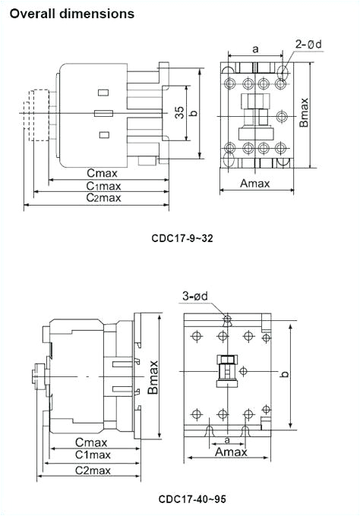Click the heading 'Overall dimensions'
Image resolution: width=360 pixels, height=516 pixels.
72,14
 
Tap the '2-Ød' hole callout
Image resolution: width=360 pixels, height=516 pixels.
308,44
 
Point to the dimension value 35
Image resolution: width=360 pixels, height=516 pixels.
178,113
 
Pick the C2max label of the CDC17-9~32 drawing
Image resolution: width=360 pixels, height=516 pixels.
103,198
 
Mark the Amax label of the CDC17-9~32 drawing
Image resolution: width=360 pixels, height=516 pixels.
256,184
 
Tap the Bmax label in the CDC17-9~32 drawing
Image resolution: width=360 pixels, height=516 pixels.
304,112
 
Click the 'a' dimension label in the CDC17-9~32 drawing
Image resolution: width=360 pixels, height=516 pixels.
255,49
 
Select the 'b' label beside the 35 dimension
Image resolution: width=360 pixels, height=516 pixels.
194,113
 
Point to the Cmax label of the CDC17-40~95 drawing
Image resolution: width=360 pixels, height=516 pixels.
91,442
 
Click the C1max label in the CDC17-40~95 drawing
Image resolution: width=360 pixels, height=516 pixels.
93,455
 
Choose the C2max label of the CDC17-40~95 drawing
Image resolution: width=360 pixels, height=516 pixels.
93,470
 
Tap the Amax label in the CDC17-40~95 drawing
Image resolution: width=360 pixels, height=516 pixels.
231,451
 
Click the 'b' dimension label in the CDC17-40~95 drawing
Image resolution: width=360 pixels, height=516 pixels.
284,374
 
